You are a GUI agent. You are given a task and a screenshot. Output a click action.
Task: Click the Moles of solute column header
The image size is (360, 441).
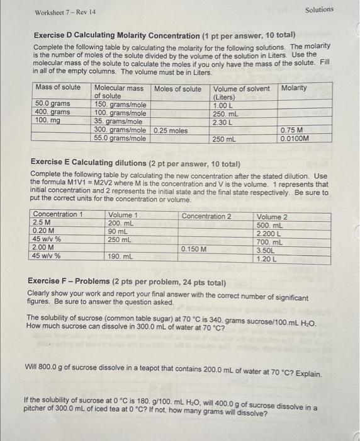(x=178, y=88)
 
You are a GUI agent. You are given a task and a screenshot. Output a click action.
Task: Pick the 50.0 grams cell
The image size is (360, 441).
(x=53, y=104)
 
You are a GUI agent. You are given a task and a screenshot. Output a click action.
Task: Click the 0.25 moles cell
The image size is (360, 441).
(x=171, y=130)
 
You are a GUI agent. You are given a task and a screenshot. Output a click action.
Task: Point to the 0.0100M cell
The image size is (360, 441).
(x=295, y=138)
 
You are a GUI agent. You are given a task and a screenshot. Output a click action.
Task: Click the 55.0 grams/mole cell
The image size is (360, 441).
(x=120, y=138)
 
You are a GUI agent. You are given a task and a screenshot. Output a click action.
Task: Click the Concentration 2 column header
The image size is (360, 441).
(x=206, y=216)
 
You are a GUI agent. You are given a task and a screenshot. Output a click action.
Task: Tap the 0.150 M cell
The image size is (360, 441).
(x=194, y=249)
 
